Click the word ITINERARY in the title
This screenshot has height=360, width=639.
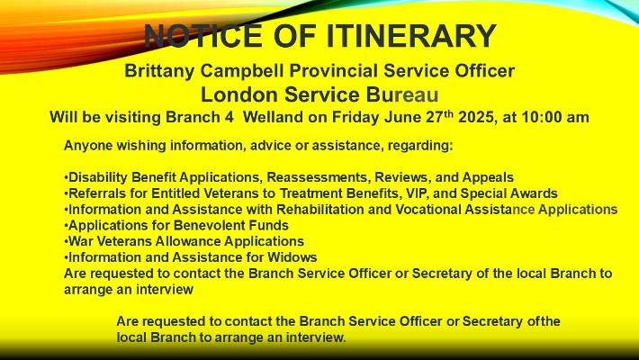[x=410, y=36]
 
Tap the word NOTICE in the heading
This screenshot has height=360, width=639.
[x=203, y=36]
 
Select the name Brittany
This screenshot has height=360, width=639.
[x=160, y=71]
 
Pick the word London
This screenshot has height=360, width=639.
[x=238, y=94]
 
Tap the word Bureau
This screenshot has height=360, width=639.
[x=401, y=94]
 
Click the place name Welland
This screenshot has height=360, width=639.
[x=273, y=117]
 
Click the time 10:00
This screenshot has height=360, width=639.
[x=540, y=117]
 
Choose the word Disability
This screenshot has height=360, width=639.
[x=98, y=178]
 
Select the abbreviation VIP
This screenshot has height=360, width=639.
[x=425, y=193]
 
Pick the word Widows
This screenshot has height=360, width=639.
[x=292, y=257]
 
